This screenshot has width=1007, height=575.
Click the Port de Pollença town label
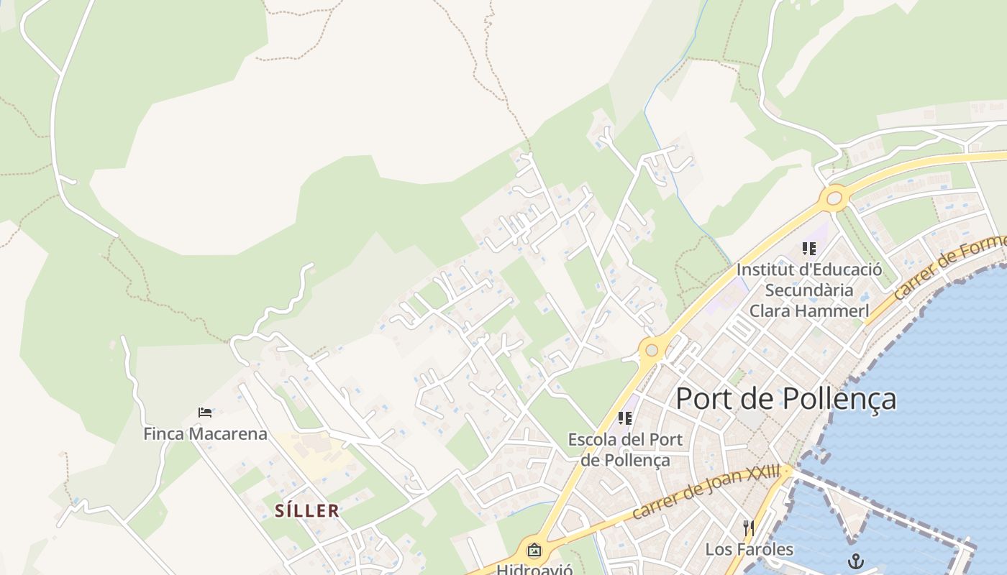[x=785, y=399]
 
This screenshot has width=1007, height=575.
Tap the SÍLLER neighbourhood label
[x=306, y=511]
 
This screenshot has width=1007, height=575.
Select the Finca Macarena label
[x=205, y=434]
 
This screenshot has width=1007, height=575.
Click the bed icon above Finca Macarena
[x=205, y=413]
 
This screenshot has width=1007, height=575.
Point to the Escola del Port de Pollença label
[x=625, y=449]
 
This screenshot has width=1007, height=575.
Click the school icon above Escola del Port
[x=625, y=418]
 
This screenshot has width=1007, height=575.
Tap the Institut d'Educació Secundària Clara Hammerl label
[x=809, y=290]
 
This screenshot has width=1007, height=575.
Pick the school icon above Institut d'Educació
[x=809, y=249]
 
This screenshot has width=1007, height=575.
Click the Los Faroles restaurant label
[x=749, y=550]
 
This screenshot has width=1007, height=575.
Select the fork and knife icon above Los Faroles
[x=749, y=528]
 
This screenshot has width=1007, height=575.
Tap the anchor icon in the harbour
[x=855, y=561]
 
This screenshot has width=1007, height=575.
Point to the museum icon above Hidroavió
[x=534, y=551]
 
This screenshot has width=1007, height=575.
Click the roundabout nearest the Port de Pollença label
[x=652, y=350]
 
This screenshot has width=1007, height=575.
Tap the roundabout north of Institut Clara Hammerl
[x=834, y=198]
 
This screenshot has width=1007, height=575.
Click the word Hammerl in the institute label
[x=839, y=311]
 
